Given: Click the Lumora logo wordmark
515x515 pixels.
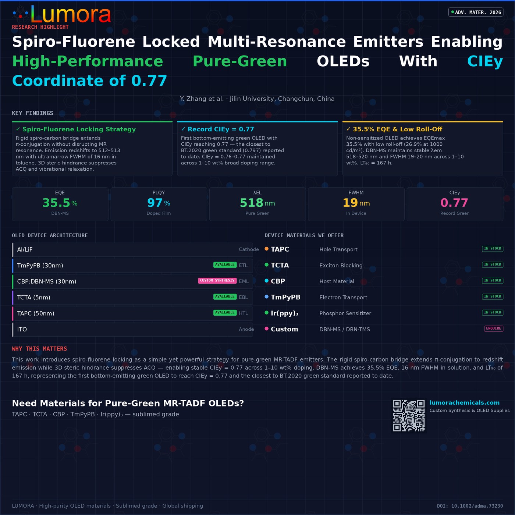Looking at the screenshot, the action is [x=71, y=14].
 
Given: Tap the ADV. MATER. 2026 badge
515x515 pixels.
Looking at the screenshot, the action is [x=476, y=12].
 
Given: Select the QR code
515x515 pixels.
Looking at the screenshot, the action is [x=409, y=416].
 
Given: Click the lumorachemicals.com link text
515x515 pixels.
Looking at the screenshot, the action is [x=465, y=402].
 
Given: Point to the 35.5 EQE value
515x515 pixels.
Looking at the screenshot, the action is [x=56, y=203].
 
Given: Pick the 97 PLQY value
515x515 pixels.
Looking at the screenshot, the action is [x=155, y=203].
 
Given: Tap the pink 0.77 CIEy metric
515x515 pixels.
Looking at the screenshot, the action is [x=454, y=203].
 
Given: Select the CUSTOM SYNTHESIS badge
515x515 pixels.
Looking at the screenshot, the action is [x=217, y=280].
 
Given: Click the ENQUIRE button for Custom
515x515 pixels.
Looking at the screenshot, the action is [x=494, y=328].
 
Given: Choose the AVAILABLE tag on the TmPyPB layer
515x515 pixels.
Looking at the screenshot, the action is [x=225, y=264].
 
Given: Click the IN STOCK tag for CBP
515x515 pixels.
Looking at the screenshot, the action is [x=493, y=280].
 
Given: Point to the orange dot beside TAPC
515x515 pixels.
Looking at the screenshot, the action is [x=266, y=249].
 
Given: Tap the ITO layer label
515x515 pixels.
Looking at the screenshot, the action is [x=22, y=329].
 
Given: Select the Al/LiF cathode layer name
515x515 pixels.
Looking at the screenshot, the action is [x=25, y=249].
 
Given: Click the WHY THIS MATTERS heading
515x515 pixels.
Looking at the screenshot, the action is [x=39, y=348].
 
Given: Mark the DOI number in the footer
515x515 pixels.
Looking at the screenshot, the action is [x=470, y=506].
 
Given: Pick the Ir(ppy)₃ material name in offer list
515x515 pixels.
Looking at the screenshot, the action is [x=284, y=313].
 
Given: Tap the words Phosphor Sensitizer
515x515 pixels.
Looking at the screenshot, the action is [x=345, y=313].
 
